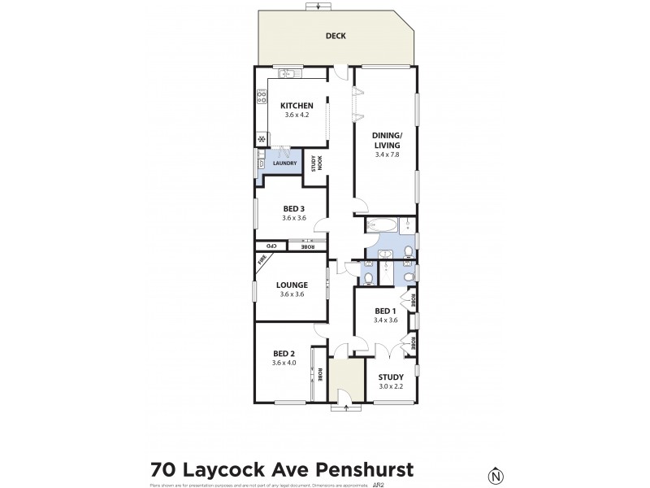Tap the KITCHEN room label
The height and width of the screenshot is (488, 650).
coord(297,106)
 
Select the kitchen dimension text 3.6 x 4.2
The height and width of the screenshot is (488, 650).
coord(297,115)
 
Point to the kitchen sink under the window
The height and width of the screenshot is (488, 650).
coord(286,75)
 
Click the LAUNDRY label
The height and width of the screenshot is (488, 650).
coord(284,163)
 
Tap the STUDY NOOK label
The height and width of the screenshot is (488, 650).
coord(316,162)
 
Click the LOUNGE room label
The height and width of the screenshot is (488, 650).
coord(291,285)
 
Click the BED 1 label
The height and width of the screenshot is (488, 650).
coord(385,311)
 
